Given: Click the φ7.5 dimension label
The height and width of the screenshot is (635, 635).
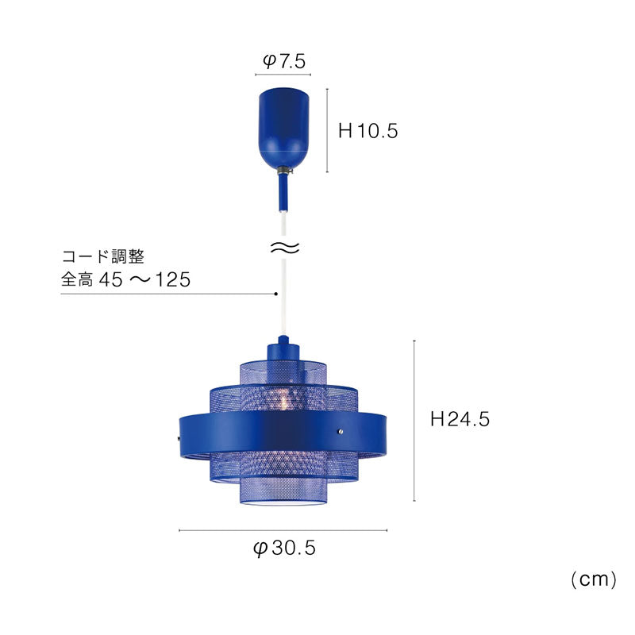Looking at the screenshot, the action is (x=284, y=62).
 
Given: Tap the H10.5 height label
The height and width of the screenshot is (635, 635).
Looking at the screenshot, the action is (x=368, y=131).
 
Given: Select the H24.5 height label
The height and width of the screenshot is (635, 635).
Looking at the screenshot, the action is (x=460, y=419).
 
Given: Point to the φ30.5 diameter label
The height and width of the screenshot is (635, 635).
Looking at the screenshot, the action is (x=284, y=548).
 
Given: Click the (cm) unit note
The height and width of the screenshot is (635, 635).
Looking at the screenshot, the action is (x=593, y=579).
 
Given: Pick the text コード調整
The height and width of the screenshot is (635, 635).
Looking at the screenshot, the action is (x=103, y=256).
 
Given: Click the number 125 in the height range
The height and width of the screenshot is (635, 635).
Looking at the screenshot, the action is (x=173, y=279).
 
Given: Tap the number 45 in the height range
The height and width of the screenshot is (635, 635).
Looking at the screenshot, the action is (x=110, y=279).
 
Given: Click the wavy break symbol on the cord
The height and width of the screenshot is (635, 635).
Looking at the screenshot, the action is (x=285, y=248).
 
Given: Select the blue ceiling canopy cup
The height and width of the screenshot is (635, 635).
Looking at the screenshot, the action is (x=283, y=129).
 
